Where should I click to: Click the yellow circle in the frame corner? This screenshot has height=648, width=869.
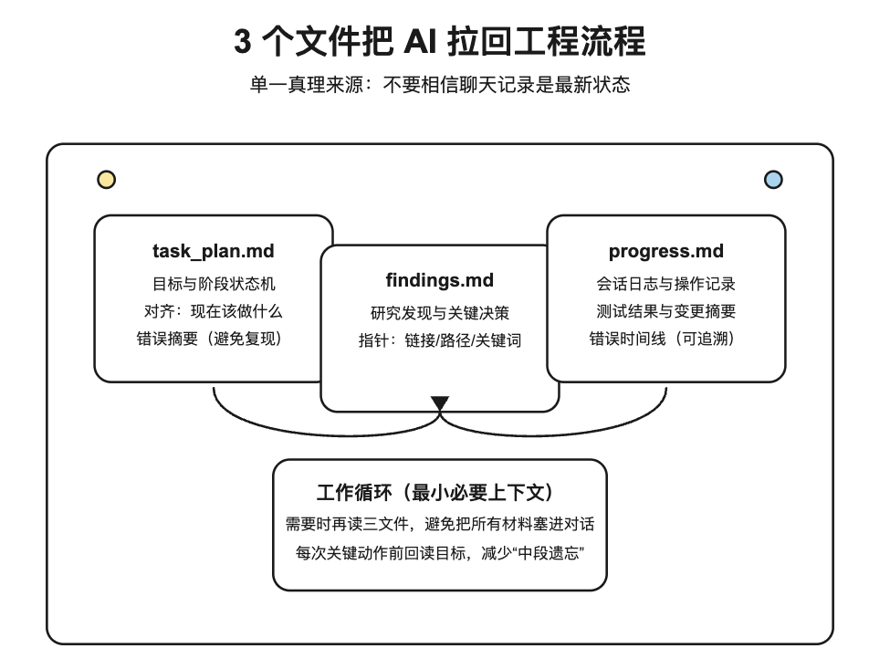(107, 180)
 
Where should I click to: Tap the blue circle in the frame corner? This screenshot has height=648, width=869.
(773, 180)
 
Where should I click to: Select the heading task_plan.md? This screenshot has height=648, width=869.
(213, 251)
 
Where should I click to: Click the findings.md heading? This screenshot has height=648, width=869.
(439, 280)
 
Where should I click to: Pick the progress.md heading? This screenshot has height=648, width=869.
(665, 251)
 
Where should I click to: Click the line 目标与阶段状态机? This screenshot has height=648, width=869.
(213, 283)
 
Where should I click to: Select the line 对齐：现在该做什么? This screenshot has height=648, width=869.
(213, 311)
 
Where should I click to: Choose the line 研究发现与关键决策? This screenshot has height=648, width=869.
(439, 313)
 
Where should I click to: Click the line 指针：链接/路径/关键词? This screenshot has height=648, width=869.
(439, 341)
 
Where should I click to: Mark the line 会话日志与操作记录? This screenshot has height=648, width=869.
(665, 283)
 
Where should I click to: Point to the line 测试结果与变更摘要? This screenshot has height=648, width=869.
(665, 311)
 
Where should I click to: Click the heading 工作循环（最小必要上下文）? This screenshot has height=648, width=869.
(439, 494)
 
